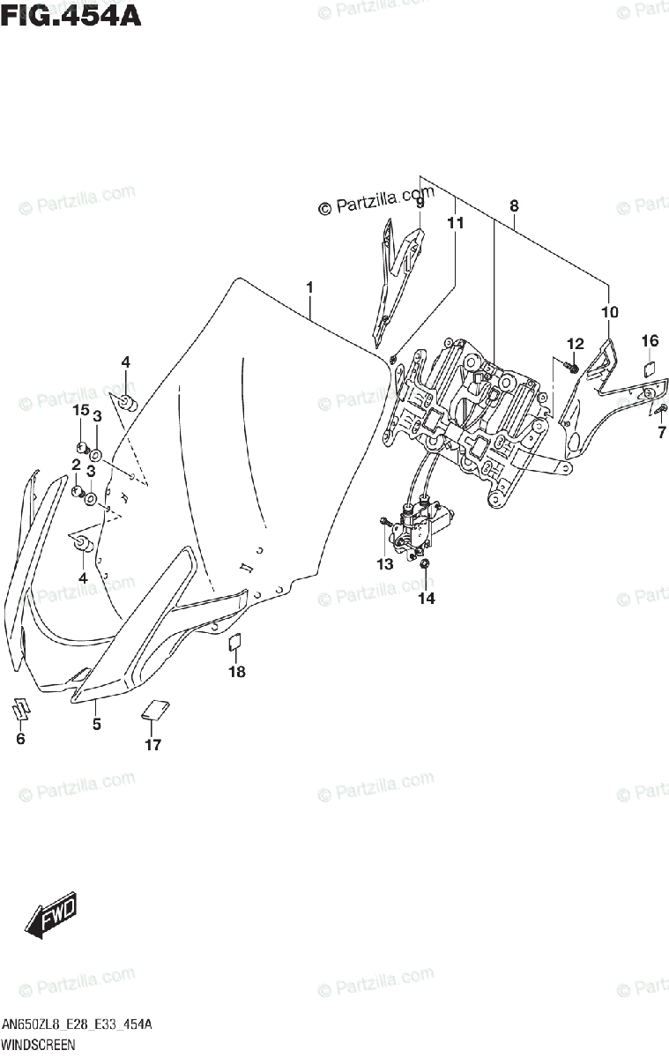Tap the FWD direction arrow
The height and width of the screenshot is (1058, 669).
pyautogui.click(x=51, y=916)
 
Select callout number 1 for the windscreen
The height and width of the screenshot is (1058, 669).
pyautogui.click(x=310, y=287)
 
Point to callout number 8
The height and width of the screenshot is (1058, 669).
pyautogui.click(x=514, y=205)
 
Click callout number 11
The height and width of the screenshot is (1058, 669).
pyautogui.click(x=454, y=224)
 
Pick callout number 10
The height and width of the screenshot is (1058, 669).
pyautogui.click(x=609, y=311)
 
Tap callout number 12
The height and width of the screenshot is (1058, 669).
pyautogui.click(x=575, y=343)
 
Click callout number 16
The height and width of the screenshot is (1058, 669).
pyautogui.click(x=650, y=340)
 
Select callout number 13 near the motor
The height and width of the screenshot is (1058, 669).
pyautogui.click(x=384, y=564)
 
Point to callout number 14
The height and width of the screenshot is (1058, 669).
pyautogui.click(x=427, y=599)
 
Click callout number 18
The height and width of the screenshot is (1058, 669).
pyautogui.click(x=236, y=672)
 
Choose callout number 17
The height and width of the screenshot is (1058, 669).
pyautogui.click(x=152, y=745)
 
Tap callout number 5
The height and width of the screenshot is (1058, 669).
pyautogui.click(x=97, y=725)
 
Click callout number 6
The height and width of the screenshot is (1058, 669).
pyautogui.click(x=20, y=739)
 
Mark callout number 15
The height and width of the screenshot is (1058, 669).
pyautogui.click(x=80, y=410)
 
